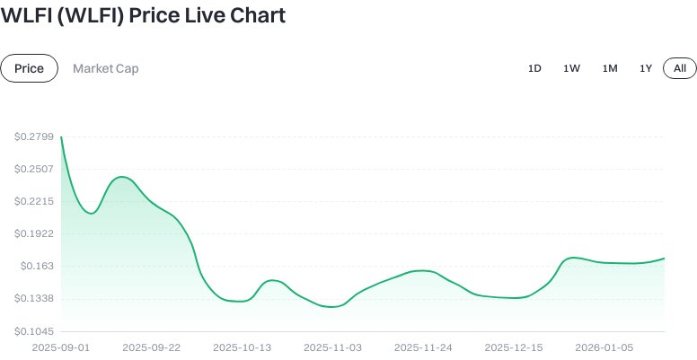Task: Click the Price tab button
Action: click(x=29, y=68)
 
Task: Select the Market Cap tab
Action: click(x=106, y=68)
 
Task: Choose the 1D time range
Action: click(x=534, y=68)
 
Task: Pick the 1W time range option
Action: click(x=571, y=68)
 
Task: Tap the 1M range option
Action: click(x=610, y=68)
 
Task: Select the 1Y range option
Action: click(x=646, y=68)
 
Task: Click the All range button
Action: click(x=680, y=68)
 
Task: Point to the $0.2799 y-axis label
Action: click(x=32, y=136)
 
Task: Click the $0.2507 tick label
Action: click(x=32, y=169)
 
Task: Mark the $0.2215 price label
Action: click(x=32, y=201)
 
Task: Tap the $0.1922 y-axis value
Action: click(x=32, y=233)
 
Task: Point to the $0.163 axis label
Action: click(x=35, y=266)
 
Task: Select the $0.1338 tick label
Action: click(x=32, y=298)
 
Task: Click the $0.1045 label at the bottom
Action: click(x=32, y=330)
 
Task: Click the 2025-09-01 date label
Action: click(x=61, y=347)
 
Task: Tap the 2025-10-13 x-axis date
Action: click(x=242, y=347)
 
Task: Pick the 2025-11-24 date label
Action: click(x=423, y=347)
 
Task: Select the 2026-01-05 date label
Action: click(x=604, y=347)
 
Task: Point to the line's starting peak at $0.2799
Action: click(x=61, y=137)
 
